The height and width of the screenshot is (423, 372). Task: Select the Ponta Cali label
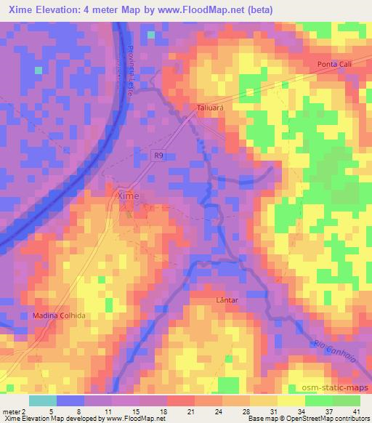333,65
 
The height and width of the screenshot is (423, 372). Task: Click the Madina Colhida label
60,315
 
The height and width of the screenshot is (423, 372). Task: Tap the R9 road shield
158,154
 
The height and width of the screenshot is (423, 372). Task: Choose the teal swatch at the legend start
42,400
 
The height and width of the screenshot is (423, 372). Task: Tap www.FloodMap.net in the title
222,9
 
